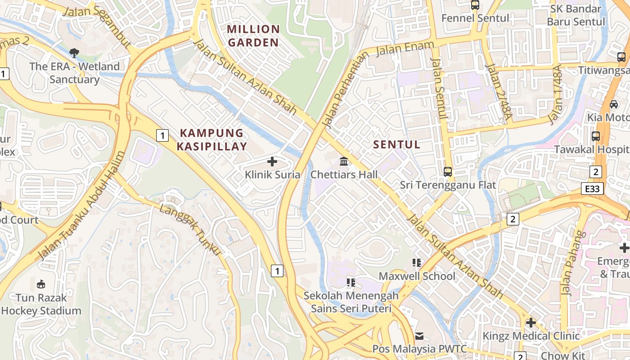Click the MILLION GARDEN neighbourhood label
point(253,36)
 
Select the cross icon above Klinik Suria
point(272,162)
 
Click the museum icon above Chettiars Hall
point(344,162)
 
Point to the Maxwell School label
point(417,276)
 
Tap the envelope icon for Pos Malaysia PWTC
point(419,336)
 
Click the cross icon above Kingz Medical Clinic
point(531,323)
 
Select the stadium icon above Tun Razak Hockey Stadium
point(41,284)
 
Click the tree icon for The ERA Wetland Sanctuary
point(74,53)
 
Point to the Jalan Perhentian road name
point(345,88)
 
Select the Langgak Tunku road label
point(190,229)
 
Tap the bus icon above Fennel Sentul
point(475,5)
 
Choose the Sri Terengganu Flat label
point(448,185)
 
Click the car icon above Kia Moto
point(614,104)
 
